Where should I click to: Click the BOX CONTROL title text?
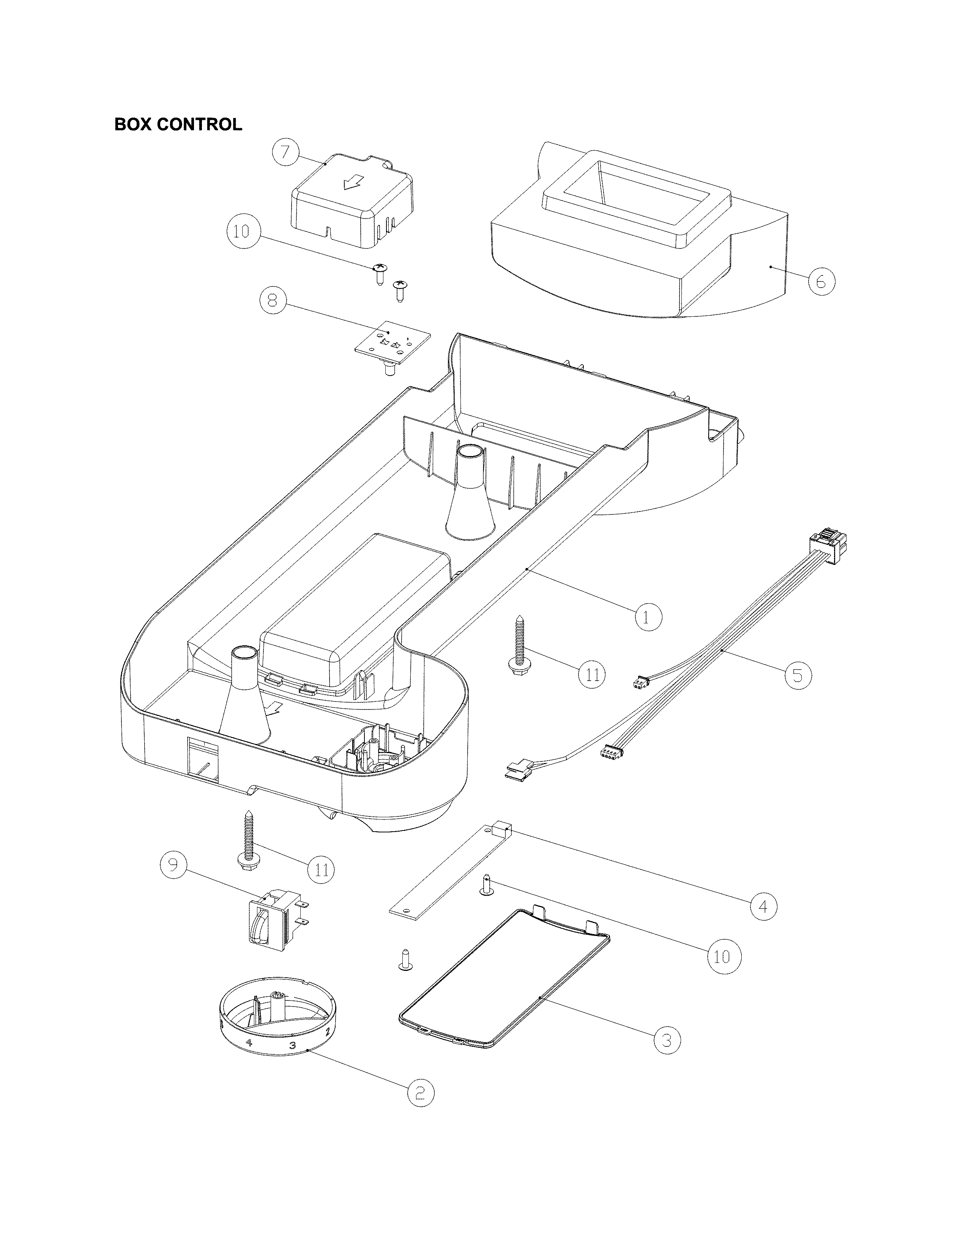click(178, 124)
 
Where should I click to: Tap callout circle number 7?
click(285, 153)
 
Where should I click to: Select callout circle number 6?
click(821, 282)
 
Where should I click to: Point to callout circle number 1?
click(648, 617)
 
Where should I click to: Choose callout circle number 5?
click(798, 675)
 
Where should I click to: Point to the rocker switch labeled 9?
click(273, 922)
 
